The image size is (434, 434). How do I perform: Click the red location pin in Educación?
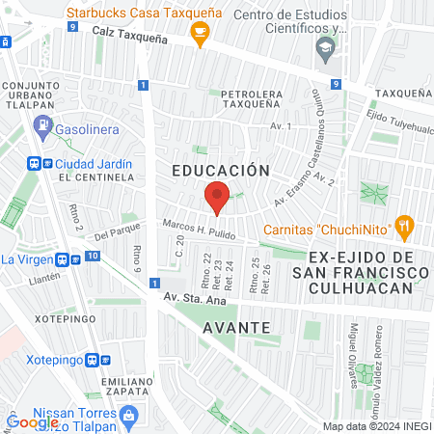[217, 197]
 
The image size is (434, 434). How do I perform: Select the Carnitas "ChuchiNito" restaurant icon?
[405, 229]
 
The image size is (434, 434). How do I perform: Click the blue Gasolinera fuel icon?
[42, 125]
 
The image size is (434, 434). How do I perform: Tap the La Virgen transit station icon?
[62, 258]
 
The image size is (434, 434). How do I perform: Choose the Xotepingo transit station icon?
[93, 360]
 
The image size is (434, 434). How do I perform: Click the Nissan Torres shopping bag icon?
[131, 414]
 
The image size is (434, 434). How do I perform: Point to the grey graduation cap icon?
[326, 46]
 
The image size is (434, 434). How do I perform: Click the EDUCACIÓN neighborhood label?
[220, 170]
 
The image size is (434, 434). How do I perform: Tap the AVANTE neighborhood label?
[236, 327]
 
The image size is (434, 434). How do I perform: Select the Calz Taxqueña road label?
[129, 31]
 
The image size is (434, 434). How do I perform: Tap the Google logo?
[31, 421]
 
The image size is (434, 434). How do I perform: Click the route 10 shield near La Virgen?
[92, 256]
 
